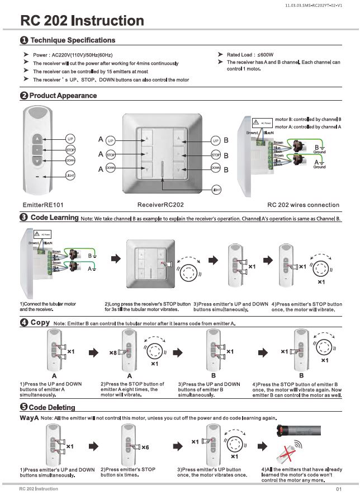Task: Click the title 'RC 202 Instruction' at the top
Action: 82,21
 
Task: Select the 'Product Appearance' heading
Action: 63,96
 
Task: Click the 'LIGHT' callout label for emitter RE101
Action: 71,176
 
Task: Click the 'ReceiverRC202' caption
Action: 160,205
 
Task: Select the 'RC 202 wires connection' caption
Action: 303,205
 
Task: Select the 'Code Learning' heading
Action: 54,217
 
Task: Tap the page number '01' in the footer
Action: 339,489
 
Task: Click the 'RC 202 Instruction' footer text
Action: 38,489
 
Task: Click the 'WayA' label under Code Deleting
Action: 29,418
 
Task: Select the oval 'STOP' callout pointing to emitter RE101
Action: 71,150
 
